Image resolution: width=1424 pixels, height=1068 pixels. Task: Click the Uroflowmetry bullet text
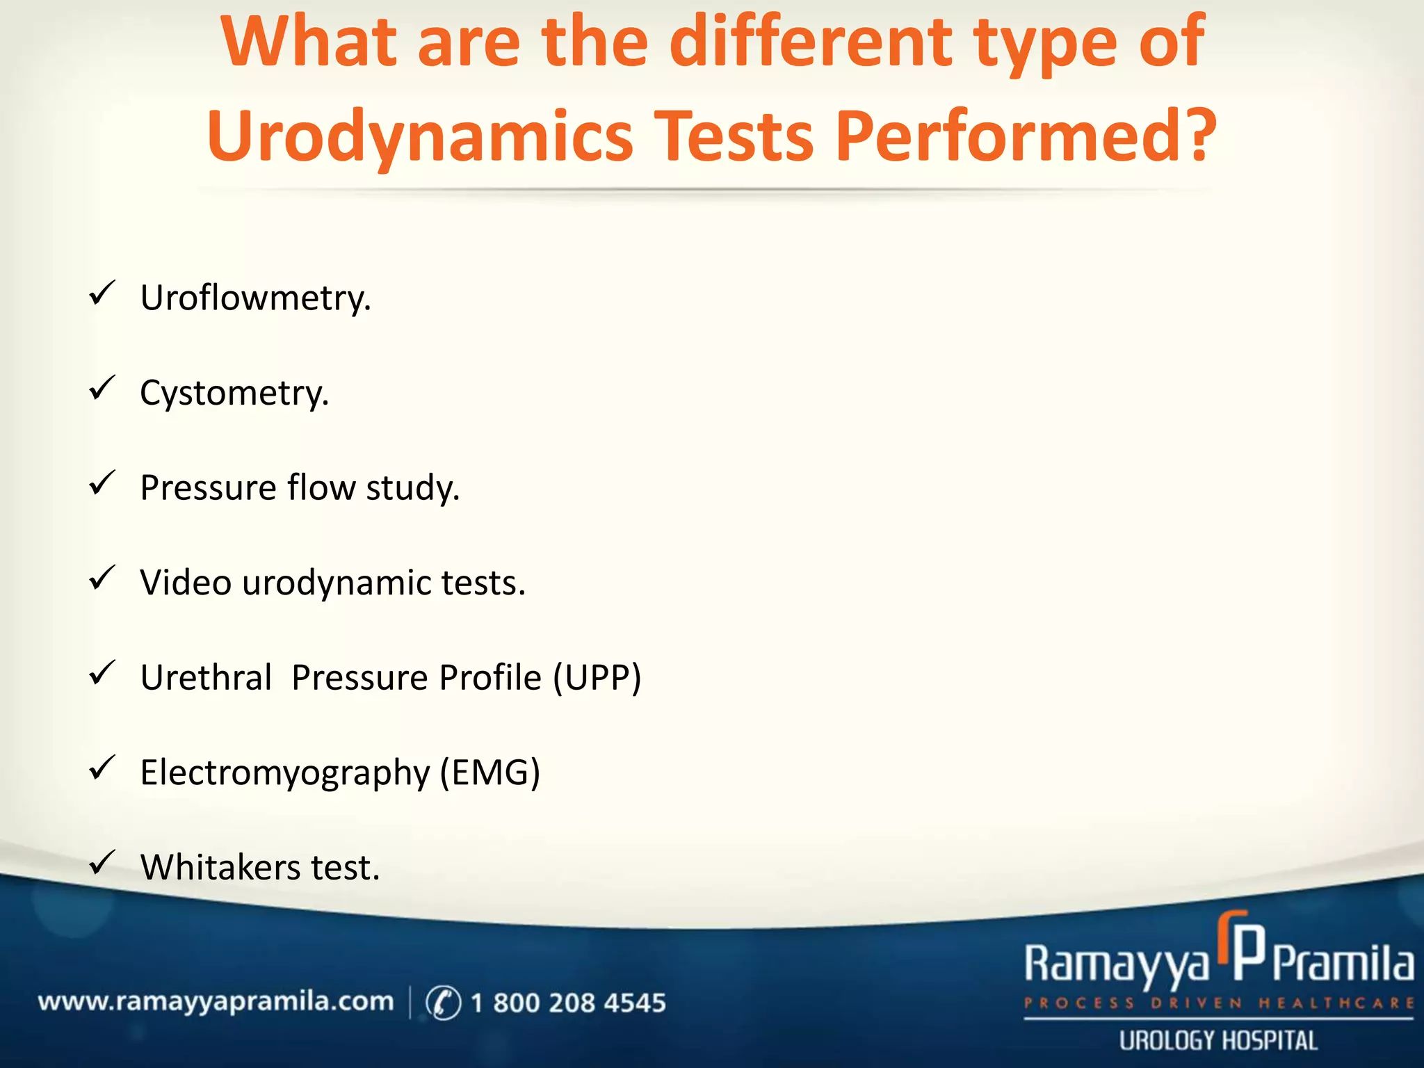click(x=255, y=298)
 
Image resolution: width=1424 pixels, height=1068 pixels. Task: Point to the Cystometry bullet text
click(x=234, y=393)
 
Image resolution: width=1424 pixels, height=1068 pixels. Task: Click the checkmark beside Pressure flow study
click(x=102, y=483)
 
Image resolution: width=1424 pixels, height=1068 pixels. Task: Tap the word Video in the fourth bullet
click(x=186, y=582)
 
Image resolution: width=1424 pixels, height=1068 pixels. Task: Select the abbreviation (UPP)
click(x=597, y=677)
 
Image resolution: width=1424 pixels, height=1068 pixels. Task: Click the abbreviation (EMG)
click(x=489, y=772)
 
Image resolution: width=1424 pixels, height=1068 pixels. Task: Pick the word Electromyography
click(x=285, y=772)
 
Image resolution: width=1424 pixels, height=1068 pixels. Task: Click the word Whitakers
click(x=220, y=867)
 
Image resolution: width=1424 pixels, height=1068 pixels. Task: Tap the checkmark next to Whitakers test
click(x=102, y=863)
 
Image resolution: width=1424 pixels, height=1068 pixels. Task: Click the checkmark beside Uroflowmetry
click(x=102, y=293)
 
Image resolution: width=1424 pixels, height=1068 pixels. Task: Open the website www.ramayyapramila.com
click(x=216, y=1002)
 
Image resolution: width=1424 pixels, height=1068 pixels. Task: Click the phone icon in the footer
click(x=443, y=1003)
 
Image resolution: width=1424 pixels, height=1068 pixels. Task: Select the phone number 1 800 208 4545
click(x=568, y=1003)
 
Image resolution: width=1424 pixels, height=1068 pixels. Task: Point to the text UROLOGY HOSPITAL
click(x=1218, y=1041)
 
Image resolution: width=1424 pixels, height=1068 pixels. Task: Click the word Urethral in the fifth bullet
click(x=206, y=677)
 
